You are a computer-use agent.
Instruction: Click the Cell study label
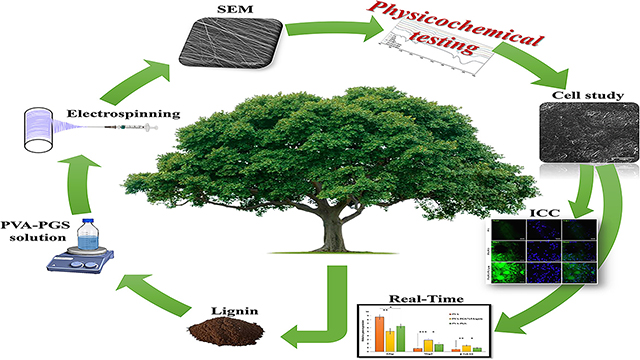(590, 97)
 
